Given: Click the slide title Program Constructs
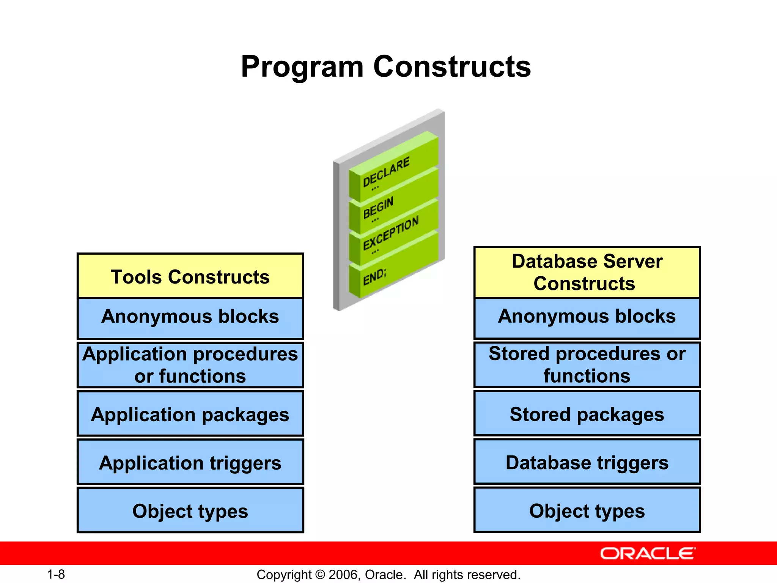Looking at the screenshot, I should [386, 67].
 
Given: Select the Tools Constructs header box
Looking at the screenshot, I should [190, 276].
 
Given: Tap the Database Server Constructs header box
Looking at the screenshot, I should [587, 273].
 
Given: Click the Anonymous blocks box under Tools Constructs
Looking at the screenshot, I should [190, 318].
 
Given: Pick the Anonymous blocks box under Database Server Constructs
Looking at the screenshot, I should [587, 318].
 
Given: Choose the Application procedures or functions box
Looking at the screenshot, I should [190, 365].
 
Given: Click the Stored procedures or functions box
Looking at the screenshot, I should [587, 365].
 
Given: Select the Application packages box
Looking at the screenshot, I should [190, 414].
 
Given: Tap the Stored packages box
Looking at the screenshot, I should [587, 413].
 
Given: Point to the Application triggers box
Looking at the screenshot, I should [190, 462].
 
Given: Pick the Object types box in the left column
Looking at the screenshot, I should [190, 511].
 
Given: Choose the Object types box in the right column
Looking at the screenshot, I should [587, 510].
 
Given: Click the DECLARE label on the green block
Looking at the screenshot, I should [386, 172].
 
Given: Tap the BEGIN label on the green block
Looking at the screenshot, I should [378, 208].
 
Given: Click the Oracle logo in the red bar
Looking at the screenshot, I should [648, 553].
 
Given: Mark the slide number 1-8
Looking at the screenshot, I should [56, 574].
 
